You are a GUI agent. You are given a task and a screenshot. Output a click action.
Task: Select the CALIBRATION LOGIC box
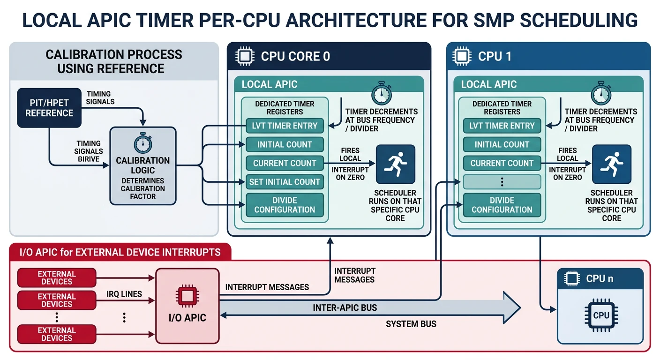[x=143, y=166]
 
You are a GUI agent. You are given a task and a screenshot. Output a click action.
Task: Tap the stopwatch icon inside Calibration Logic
[x=143, y=143]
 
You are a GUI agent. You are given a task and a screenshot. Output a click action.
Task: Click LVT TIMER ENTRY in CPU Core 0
[x=285, y=126]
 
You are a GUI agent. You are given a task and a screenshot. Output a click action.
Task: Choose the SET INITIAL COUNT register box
[x=285, y=182]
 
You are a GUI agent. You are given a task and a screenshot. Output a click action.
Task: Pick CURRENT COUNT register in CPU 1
[x=502, y=163]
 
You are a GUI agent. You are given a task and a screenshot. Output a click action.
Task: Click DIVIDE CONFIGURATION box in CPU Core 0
[x=285, y=205]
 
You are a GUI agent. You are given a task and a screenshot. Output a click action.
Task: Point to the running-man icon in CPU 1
[x=611, y=164]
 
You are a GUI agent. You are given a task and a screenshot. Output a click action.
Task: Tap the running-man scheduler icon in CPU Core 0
[x=395, y=164]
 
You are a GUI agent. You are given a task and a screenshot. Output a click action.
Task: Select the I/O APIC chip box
[x=187, y=305]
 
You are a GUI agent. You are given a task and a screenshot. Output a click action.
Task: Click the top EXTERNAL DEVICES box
[x=57, y=278]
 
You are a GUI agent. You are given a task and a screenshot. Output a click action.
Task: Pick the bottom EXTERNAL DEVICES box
[x=57, y=334]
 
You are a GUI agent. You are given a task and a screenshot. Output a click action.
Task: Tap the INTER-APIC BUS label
[x=345, y=308]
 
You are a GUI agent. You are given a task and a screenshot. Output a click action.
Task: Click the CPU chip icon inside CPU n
[x=601, y=315]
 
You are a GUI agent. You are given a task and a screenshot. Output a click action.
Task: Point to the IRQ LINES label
[x=124, y=294]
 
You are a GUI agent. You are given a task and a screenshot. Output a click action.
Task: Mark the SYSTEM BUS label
[x=411, y=324]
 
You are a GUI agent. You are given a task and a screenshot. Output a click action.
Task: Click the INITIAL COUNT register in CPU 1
[x=502, y=144]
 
